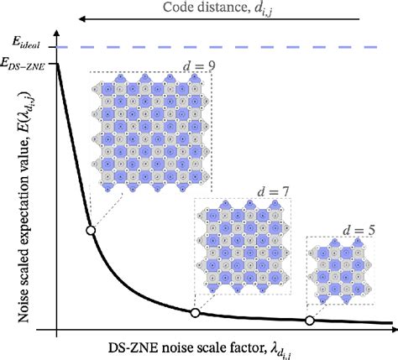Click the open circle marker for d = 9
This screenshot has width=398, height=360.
91,230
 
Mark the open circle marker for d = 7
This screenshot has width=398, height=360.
195,313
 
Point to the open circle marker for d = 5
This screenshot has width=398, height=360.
310,321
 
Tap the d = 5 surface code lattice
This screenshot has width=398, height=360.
340,274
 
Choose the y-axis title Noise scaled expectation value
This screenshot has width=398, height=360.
16,201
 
